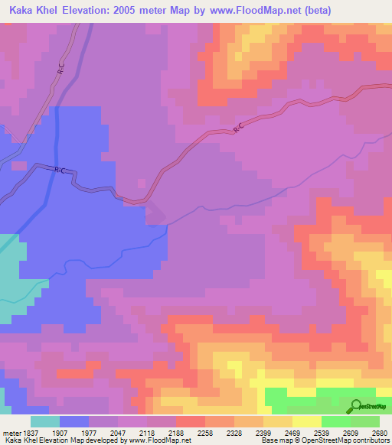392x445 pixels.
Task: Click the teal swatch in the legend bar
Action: click(45, 421)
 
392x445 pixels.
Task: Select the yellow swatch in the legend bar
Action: click(306, 421)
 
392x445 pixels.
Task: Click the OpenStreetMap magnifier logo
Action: click(354, 406)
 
